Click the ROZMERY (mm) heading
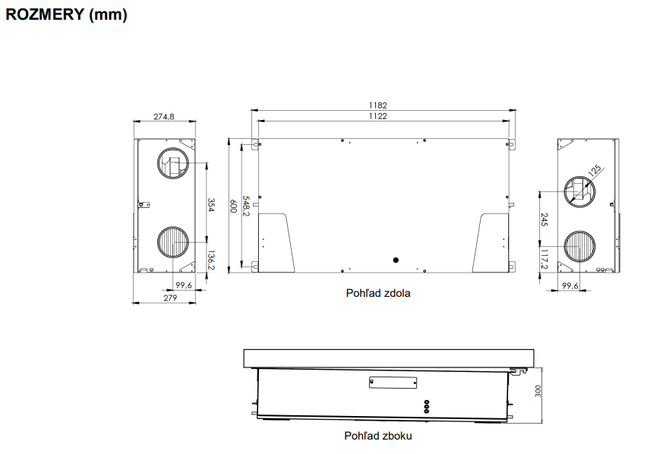point(66,14)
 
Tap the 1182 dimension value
point(378,106)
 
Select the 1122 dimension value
point(378,116)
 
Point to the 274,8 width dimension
point(164,117)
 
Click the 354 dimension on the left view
point(211,205)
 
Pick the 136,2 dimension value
point(211,260)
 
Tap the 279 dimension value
point(170,298)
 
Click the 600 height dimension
point(233,207)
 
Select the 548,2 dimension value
point(246,206)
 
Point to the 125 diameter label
point(594,170)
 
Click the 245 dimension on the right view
point(544,219)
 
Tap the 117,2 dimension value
point(544,260)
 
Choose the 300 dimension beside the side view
point(538,391)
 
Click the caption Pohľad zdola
point(378,293)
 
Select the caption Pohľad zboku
point(378,436)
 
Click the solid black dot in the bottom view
point(396,260)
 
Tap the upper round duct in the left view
point(173,163)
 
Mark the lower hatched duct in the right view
point(579,247)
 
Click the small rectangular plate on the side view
point(393,383)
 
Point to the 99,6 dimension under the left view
point(184,285)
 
